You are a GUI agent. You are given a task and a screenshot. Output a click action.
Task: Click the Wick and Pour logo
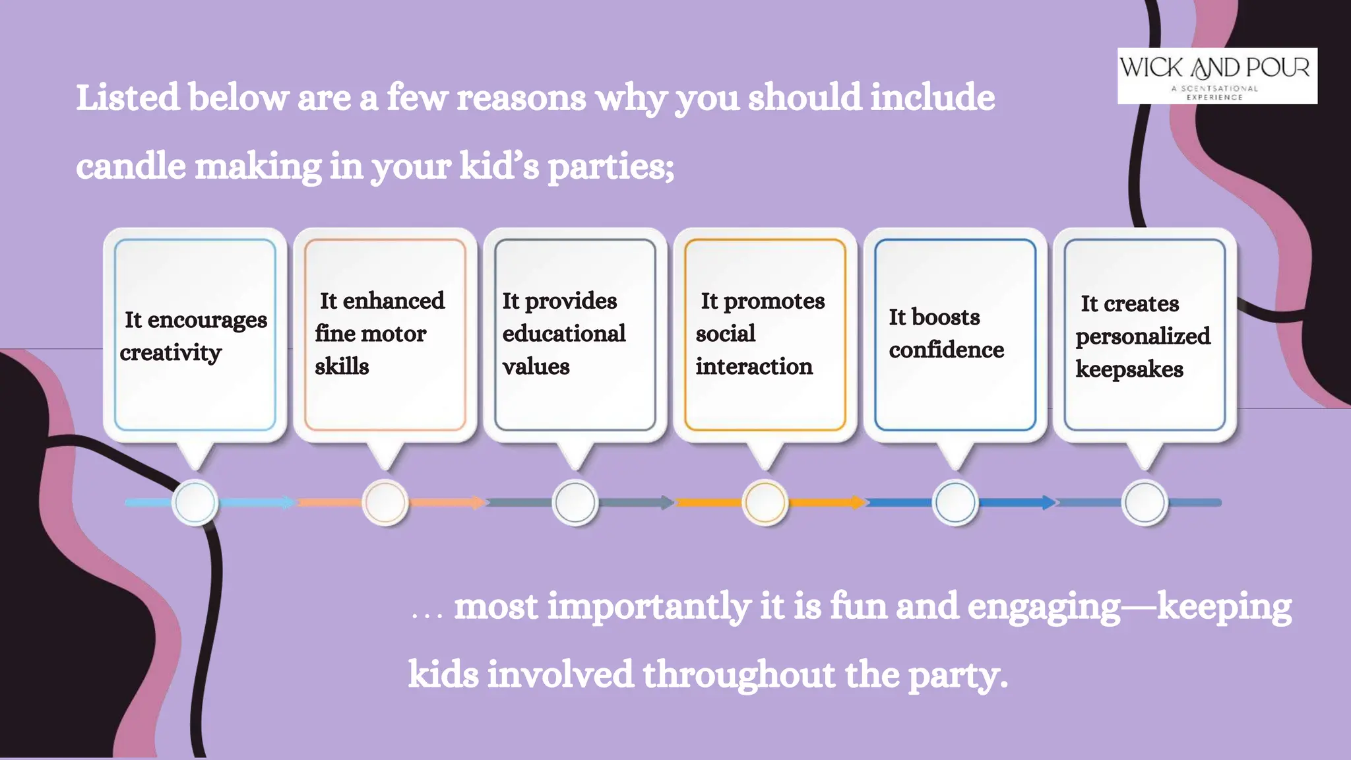coord(1216,75)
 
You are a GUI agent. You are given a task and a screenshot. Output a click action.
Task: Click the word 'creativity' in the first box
coord(170,353)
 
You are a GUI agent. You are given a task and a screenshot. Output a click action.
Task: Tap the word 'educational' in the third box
coord(563,334)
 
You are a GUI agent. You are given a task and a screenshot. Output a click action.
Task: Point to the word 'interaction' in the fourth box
coord(753,367)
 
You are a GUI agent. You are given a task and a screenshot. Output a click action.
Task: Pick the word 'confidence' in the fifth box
coord(946,350)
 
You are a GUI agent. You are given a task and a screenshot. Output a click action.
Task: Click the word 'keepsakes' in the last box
coord(1129,369)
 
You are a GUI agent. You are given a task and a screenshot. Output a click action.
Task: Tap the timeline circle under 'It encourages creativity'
coord(195,503)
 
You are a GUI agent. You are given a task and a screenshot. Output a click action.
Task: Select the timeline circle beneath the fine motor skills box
coord(385,503)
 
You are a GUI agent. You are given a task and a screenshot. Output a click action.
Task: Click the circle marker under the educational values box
coord(575,503)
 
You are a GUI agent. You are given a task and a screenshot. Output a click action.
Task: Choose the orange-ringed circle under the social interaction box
coord(765,503)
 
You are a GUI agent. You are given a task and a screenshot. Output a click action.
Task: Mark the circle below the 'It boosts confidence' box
coord(955,503)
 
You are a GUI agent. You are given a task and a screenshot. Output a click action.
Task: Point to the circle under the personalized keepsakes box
coord(1145,503)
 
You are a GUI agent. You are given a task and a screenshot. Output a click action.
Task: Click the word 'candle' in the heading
coord(131,166)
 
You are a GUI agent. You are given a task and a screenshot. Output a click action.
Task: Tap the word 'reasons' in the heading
coord(521,98)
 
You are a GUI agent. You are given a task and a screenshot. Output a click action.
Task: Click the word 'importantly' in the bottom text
coord(649,607)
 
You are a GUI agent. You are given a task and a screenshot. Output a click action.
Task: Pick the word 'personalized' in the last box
coord(1143,336)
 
